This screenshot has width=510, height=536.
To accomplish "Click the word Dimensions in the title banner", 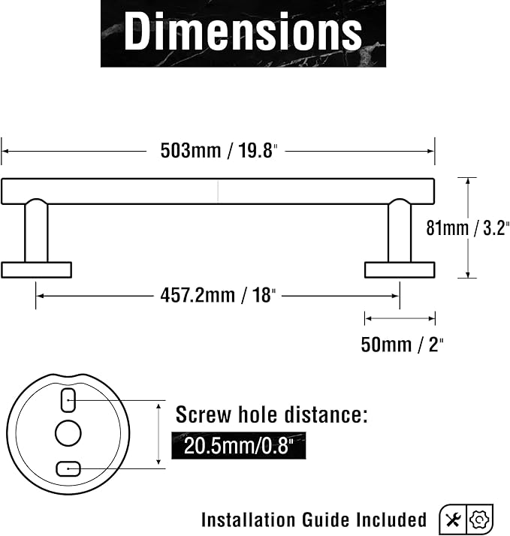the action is tap(243, 31).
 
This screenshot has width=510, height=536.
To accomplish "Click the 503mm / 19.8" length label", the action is tap(219, 150).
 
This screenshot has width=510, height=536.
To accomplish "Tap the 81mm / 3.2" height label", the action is tap(468, 227).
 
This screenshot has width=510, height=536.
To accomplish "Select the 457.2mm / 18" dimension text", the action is tap(218, 295).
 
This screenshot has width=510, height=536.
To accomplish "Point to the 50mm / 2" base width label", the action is tap(402, 345).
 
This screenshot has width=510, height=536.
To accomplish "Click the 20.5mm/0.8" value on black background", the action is tap(238, 446).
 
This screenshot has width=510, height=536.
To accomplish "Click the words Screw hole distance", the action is tap(272, 414).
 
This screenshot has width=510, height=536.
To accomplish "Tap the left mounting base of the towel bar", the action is tap(36, 270).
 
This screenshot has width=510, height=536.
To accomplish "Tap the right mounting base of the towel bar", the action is tap(400, 270).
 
